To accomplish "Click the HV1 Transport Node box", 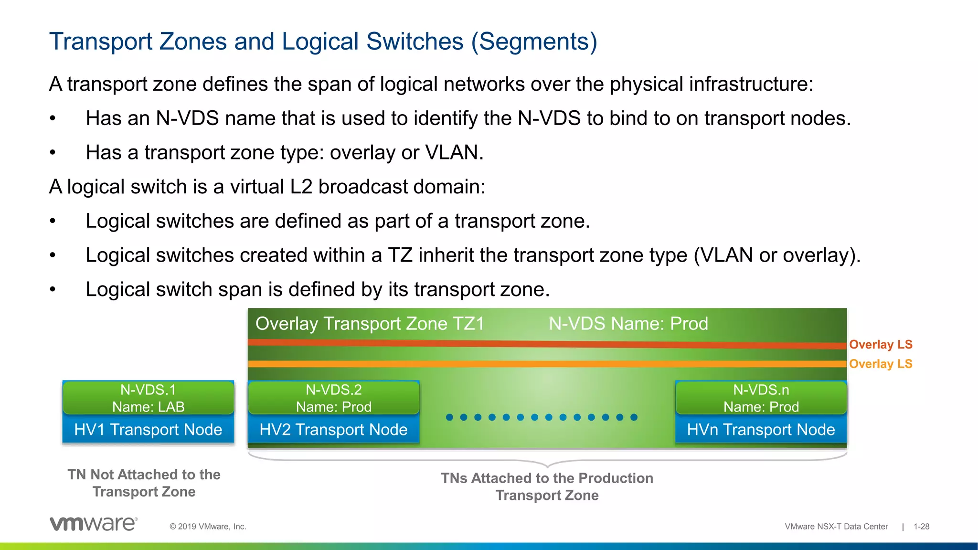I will point(148,430).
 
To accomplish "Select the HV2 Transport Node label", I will point(333,430).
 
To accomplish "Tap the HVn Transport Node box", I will point(761,430).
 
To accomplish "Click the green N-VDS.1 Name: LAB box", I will point(148,398).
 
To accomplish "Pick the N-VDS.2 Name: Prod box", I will point(333,398).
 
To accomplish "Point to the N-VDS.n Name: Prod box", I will point(761,398).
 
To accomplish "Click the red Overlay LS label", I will point(881,345).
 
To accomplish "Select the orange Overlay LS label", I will point(881,364).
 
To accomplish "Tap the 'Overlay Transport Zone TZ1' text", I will point(370,324).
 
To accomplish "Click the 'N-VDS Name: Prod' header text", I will point(628,324).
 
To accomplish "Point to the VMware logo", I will point(94,524).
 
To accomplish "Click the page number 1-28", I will point(921,527).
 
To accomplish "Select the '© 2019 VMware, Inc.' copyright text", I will point(208,527).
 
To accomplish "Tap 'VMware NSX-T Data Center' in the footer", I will point(836,527).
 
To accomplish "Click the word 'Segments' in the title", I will point(534,42).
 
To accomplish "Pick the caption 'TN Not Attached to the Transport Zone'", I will point(144,483).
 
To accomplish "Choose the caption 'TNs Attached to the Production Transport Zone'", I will point(547,487).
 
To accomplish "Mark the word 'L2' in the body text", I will point(301,187).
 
